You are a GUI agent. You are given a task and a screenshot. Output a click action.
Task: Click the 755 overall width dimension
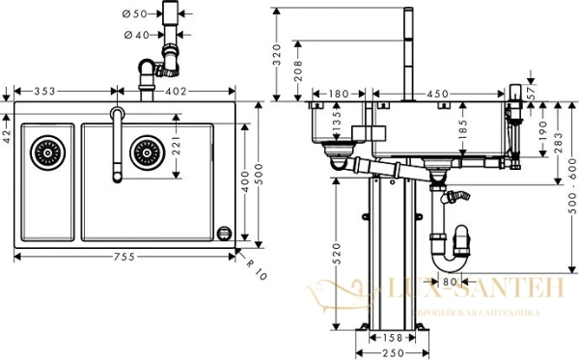click(x=123, y=257)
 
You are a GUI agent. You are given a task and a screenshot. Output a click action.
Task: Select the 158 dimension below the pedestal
click(x=389, y=338)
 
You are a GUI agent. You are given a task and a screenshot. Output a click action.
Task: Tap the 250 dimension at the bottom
click(x=389, y=353)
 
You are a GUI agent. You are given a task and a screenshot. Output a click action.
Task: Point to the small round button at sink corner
click(x=226, y=232)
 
